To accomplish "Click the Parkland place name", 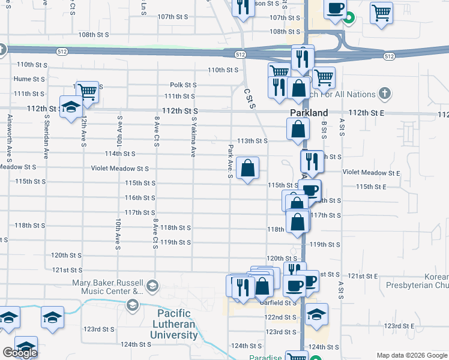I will tap(309, 113).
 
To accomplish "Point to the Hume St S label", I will tap(30, 79).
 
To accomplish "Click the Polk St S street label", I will tap(184, 85).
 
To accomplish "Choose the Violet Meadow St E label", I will tap(371, 173).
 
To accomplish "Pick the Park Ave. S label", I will tap(230, 161).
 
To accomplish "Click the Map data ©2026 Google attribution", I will tap(411, 355).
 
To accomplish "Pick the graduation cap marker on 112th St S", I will tap(71, 107).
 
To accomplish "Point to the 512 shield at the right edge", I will tap(390, 56).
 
